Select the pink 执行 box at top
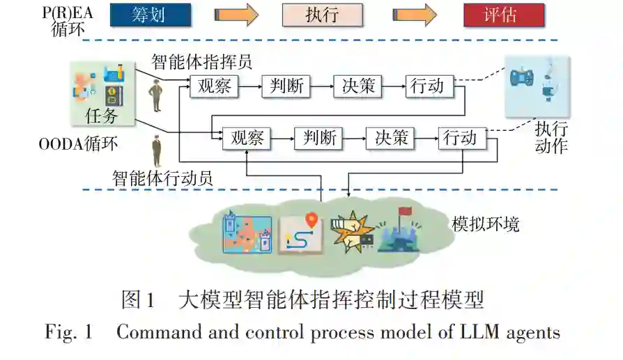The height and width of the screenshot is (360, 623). (322, 14)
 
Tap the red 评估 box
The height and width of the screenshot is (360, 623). (504, 14)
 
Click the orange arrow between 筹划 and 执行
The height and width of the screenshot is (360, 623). (237, 14)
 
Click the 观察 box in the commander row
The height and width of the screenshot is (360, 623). (214, 86)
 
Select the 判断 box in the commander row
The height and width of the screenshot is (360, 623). (286, 86)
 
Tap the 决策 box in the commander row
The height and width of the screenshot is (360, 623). (358, 86)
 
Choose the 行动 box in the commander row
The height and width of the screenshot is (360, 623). (429, 86)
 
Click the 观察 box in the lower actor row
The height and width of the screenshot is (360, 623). (246, 139)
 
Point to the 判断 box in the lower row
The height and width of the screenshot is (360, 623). (318, 139)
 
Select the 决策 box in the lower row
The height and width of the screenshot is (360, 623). (390, 139)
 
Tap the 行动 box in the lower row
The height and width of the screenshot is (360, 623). (461, 139)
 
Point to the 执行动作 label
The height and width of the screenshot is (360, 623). (551, 137)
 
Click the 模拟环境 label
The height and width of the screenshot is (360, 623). (485, 224)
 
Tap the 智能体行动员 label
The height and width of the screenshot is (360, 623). (162, 178)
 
